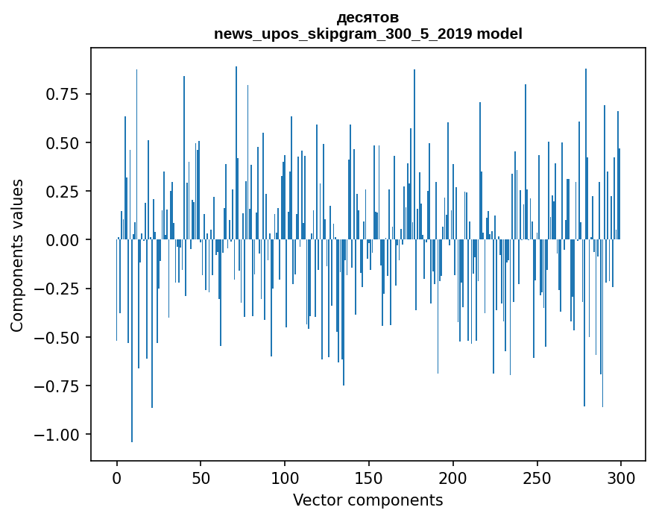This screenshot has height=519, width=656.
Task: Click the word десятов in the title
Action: (368, 17)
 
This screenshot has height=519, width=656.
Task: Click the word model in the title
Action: (500, 34)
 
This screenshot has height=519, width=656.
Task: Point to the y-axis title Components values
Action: (17, 255)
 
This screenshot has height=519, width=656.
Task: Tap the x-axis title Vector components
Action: (368, 500)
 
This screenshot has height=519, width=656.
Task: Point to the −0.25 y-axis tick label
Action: (58, 289)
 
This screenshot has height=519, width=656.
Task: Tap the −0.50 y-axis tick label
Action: (58, 337)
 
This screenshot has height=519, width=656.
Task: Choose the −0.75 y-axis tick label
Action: (58, 386)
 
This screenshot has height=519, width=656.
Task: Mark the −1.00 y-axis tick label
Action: (58, 435)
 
